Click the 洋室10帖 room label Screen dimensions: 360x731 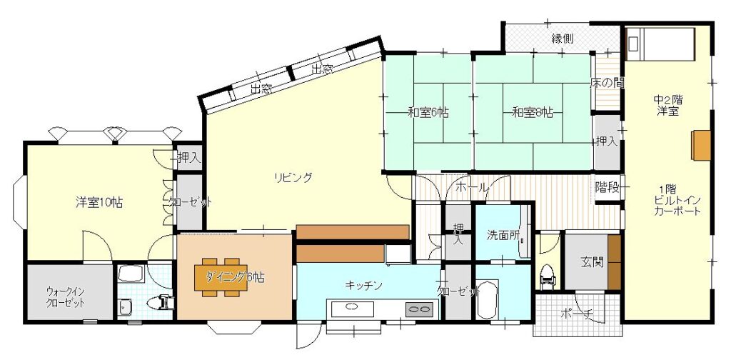click(99, 202)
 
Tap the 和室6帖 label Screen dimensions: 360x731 click(428, 112)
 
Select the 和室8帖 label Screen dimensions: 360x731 click(533, 112)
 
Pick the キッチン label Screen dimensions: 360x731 click(364, 285)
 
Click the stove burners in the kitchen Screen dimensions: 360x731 click(418, 309)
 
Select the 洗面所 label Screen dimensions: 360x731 click(503, 234)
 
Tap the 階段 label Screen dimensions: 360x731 click(608, 187)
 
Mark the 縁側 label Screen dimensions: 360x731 click(562, 39)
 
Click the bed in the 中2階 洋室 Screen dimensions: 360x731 click(660, 44)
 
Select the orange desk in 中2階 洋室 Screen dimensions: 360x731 click(701, 146)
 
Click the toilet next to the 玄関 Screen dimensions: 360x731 click(548, 276)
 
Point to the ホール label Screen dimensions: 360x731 click(471, 188)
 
